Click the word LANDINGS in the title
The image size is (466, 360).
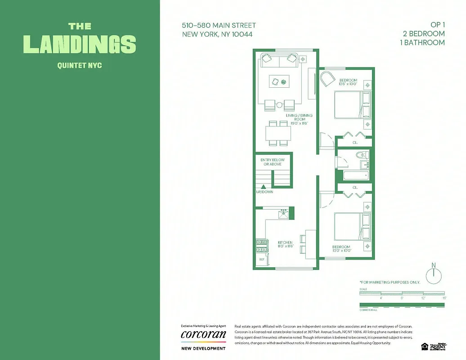click(x=80, y=44)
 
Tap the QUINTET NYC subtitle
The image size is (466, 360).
click(x=80, y=65)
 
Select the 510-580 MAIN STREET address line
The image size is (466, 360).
click(x=219, y=26)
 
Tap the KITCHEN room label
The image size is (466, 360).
click(x=285, y=245)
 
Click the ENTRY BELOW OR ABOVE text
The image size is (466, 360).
click(x=272, y=162)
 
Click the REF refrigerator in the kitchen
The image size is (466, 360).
click(x=261, y=260)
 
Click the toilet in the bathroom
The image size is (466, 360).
click(x=362, y=155)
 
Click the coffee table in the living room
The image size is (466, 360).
click(x=280, y=81)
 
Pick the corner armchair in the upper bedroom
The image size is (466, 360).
click(x=327, y=80)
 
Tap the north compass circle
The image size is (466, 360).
click(x=434, y=276)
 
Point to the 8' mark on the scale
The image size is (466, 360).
click(x=402, y=298)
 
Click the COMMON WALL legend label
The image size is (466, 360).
click(x=368, y=310)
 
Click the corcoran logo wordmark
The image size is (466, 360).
click(x=203, y=335)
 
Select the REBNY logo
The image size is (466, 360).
click(x=438, y=346)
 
